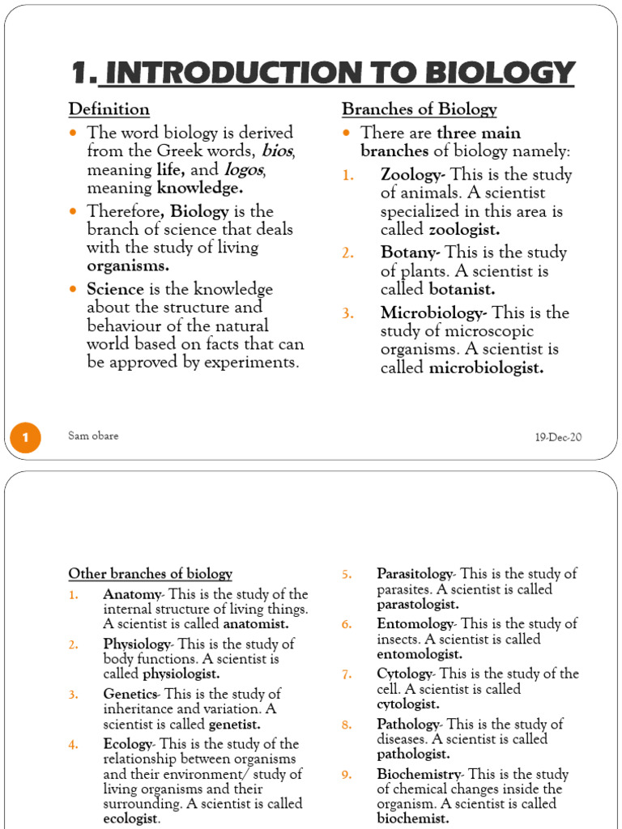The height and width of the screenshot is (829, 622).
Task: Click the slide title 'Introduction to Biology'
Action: (x=323, y=74)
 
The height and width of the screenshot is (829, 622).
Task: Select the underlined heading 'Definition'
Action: (x=109, y=109)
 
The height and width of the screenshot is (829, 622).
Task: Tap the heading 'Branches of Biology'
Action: (x=419, y=109)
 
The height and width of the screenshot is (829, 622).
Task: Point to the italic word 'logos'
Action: (x=245, y=170)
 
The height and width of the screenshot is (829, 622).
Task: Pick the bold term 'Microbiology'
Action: (x=433, y=312)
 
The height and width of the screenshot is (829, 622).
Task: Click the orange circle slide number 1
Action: (x=25, y=438)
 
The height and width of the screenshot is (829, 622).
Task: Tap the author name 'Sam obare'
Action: (x=94, y=436)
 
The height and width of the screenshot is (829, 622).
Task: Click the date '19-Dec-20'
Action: (x=558, y=437)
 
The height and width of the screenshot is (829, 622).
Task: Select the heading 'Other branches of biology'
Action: (x=150, y=574)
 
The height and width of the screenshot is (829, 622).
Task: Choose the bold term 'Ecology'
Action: (x=127, y=744)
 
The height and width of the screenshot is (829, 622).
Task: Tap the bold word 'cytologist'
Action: (x=408, y=704)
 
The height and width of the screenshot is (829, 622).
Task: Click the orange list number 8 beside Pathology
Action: (x=346, y=725)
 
